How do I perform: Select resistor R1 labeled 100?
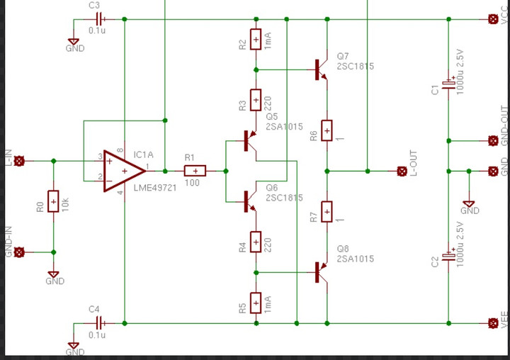[195, 171]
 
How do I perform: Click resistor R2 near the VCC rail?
[256, 40]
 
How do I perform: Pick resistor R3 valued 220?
[256, 101]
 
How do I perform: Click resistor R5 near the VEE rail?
[256, 303]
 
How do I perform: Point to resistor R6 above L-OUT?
[327, 130]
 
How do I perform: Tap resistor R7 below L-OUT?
[327, 211]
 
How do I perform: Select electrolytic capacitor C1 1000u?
[448, 84]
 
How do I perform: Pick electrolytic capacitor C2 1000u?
[448, 257]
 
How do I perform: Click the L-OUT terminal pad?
[402, 171]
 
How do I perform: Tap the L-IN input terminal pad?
[19, 161]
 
